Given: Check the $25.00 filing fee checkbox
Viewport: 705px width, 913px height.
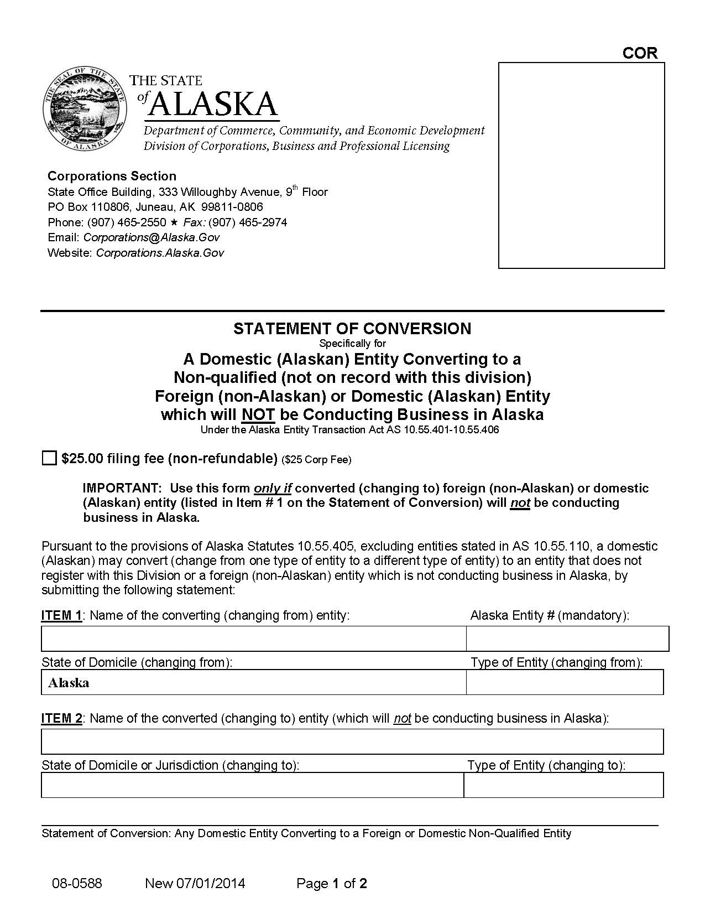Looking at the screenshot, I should (49, 458).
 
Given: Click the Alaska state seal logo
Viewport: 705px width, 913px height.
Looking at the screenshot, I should (83, 110).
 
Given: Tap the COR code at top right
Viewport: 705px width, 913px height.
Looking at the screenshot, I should (640, 53).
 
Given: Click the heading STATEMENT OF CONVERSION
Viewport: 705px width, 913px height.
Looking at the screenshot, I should (352, 329).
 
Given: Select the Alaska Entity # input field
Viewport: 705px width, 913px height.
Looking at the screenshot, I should (567, 639).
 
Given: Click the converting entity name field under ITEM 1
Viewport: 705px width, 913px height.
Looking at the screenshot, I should (253, 639).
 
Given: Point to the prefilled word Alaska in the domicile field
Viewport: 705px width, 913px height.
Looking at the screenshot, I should (69, 683).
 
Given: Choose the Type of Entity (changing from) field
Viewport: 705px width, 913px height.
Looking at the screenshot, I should (565, 682).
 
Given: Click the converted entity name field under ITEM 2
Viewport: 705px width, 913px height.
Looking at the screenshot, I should (352, 741).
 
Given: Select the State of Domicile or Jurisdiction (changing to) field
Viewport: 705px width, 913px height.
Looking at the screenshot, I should (252, 785).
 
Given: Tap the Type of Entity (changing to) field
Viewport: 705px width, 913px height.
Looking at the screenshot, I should (563, 785).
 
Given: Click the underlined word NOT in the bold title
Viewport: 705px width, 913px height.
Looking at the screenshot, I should (258, 414).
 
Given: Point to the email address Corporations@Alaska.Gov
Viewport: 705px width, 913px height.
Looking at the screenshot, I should (151, 237).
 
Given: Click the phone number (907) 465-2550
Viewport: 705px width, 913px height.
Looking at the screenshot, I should (127, 222).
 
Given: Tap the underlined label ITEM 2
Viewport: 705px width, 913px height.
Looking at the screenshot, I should (61, 718).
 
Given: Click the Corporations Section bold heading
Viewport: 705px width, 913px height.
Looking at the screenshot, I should (112, 176).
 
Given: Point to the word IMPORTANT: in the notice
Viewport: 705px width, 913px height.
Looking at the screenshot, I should (122, 488).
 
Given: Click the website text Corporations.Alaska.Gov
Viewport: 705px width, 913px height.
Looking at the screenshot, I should (160, 253).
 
